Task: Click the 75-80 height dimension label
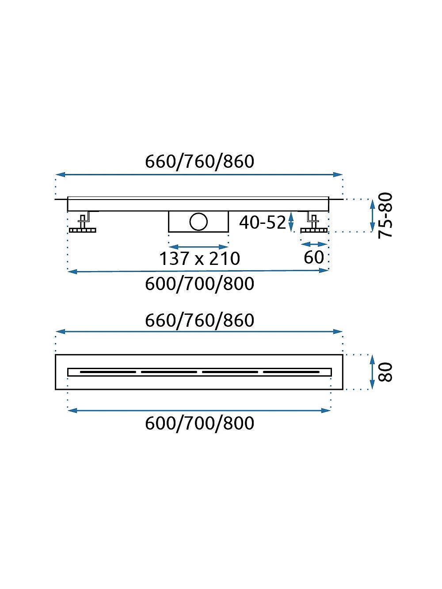[x=385, y=215]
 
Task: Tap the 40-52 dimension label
[x=263, y=223]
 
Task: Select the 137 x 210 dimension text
[x=199, y=258]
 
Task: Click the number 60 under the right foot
[x=314, y=257]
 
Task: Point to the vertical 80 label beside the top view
[x=385, y=372]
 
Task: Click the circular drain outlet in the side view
[x=198, y=222]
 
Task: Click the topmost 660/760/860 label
[x=199, y=162]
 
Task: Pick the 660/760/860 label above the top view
[x=199, y=320]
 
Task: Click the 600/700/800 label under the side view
[x=199, y=283]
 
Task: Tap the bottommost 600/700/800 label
[x=199, y=423]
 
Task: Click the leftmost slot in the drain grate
[x=108, y=372]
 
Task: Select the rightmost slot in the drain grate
[x=291, y=372]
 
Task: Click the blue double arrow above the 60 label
[x=314, y=244]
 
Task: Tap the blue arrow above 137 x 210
[x=199, y=247]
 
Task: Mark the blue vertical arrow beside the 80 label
[x=372, y=372]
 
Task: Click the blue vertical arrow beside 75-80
[x=372, y=215]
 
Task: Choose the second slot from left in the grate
[x=169, y=372]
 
